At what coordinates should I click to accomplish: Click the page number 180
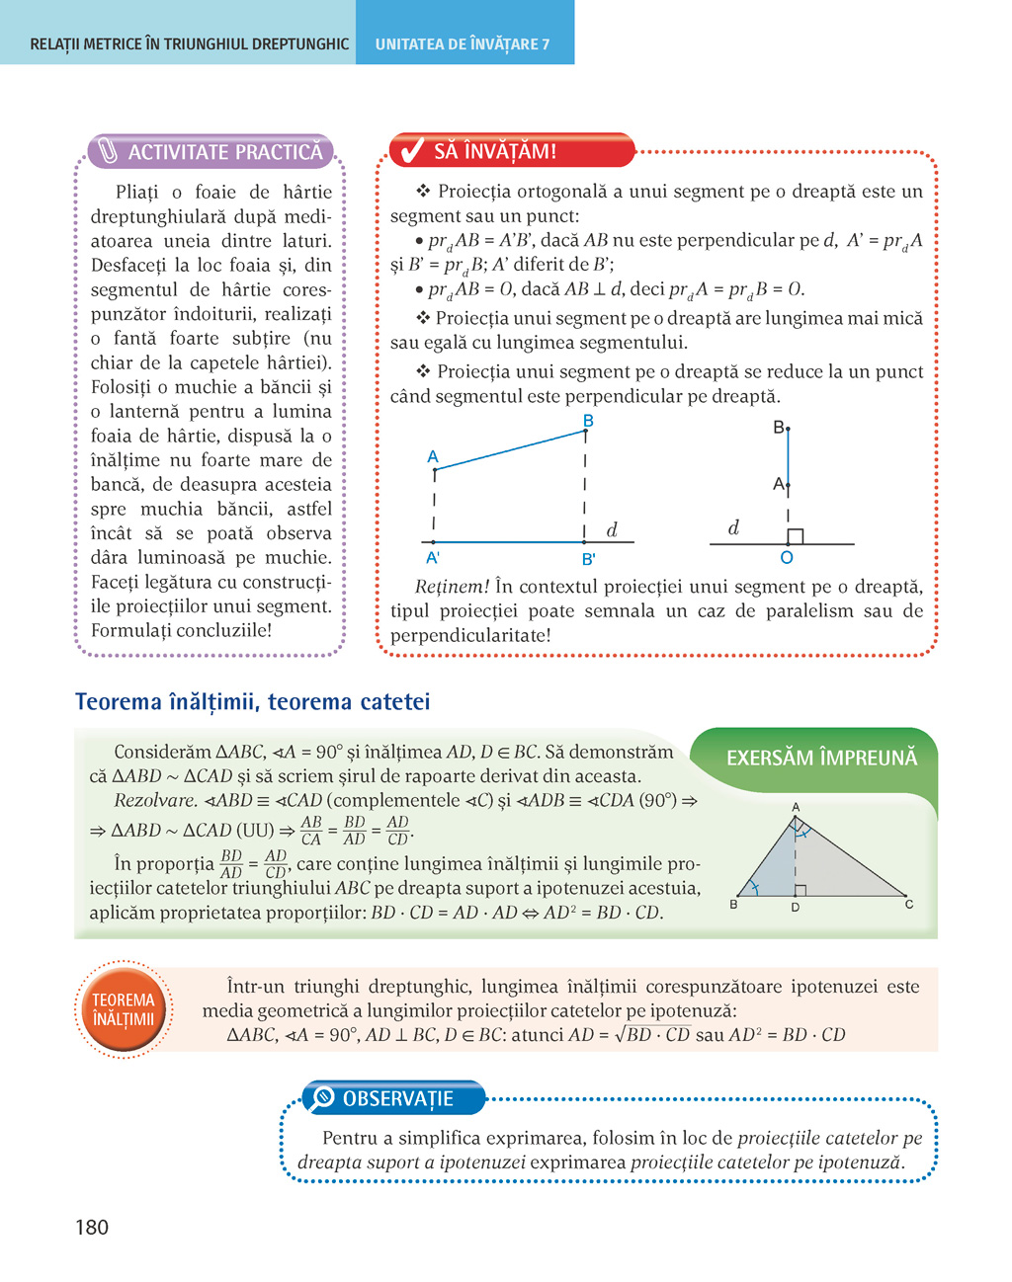92,1228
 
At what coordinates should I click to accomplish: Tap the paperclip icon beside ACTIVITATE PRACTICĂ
108,152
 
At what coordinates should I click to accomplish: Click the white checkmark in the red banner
409,151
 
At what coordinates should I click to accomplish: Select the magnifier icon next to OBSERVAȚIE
323,1098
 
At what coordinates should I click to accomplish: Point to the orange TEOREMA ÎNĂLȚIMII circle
124,1009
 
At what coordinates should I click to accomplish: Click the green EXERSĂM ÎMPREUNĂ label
821,758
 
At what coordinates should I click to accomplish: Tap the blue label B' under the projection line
588,559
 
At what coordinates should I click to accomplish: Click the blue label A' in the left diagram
432,558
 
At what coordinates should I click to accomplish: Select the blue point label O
787,558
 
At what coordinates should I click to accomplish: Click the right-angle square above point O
795,536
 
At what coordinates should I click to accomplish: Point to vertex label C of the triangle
908,904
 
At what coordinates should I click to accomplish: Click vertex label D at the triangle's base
795,907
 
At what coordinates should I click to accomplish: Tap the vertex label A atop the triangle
796,808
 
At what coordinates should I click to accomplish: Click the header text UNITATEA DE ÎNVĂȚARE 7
463,44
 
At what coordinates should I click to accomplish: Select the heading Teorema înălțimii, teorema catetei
253,702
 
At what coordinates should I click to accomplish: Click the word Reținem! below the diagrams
452,587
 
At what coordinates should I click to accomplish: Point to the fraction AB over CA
311,831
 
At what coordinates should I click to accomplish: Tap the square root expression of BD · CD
652,1035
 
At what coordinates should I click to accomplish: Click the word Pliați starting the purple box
136,192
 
